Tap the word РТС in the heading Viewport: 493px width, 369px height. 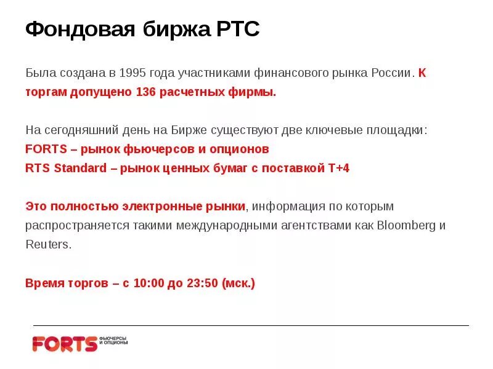pos(238,29)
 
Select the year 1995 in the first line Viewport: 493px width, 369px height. pos(134,73)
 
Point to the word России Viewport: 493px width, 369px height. pos(391,73)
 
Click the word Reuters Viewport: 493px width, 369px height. pos(48,244)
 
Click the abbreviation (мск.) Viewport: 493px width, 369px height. pos(238,284)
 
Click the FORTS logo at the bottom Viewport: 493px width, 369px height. pos(65,343)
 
